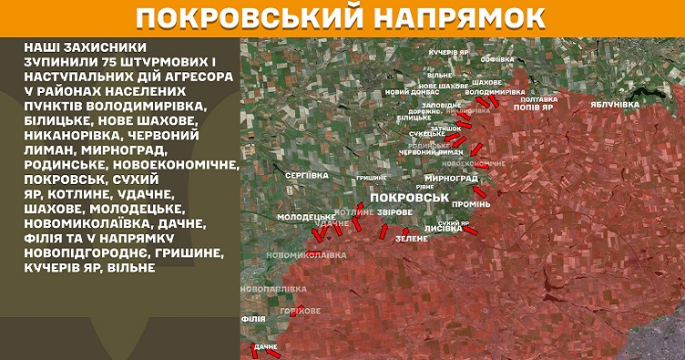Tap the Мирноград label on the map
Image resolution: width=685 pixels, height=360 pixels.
451,178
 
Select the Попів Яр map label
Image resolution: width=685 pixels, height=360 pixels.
534,107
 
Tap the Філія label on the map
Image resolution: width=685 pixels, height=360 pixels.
253,319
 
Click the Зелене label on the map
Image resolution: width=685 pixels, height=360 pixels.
411,238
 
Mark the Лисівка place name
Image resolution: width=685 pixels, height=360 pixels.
444,230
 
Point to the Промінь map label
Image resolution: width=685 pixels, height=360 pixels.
471,203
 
